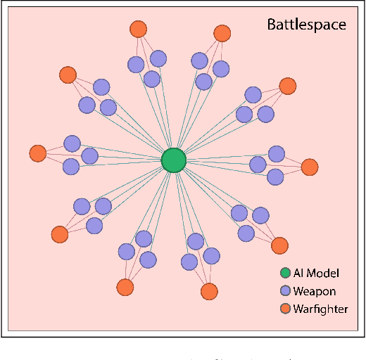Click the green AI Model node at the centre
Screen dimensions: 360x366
coord(172,161)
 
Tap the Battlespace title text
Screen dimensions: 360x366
coord(306,25)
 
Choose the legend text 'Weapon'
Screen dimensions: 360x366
coord(314,290)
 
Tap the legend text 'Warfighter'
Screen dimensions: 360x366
coord(320,308)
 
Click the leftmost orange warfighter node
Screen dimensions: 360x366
coord(38,153)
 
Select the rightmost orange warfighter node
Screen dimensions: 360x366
coord(309,167)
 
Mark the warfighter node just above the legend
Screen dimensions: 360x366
coord(279,245)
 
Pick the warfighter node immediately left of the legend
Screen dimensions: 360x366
coord(208,290)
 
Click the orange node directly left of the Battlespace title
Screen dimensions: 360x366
coord(222,33)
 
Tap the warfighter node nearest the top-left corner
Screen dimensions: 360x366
coord(68,75)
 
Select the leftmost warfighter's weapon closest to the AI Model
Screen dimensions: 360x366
coord(89,155)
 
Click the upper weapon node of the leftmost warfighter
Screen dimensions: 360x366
coord(72,143)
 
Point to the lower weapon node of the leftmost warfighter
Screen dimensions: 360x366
coord(71,167)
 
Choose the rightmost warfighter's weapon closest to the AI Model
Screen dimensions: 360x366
coord(258,165)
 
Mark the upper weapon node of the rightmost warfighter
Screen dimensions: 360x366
coord(277,153)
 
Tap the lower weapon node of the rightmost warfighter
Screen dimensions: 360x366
coord(275,176)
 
